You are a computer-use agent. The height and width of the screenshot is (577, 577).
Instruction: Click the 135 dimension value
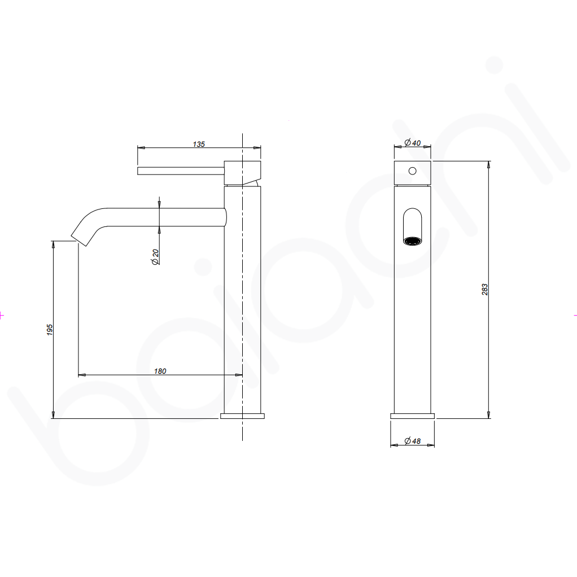(199, 145)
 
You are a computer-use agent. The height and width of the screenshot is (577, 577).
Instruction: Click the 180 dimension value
(160, 371)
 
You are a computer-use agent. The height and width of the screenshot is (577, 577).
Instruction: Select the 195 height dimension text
(50, 330)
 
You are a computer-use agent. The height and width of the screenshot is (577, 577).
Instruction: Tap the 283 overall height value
(484, 290)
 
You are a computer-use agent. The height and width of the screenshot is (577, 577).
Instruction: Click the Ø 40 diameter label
(413, 143)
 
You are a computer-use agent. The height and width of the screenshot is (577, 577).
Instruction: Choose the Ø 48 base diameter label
(413, 442)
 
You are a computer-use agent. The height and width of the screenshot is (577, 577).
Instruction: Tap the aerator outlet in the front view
(413, 241)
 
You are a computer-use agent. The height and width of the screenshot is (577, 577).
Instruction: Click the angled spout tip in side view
(80, 236)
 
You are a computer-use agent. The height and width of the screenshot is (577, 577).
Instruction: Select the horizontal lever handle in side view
(181, 171)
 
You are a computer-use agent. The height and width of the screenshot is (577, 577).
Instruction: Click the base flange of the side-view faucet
(242, 416)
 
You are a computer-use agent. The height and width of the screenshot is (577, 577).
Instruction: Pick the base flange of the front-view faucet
(413, 416)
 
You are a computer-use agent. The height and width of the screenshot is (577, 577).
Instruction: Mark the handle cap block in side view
(243, 172)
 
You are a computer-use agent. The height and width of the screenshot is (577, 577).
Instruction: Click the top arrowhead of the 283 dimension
(488, 165)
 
